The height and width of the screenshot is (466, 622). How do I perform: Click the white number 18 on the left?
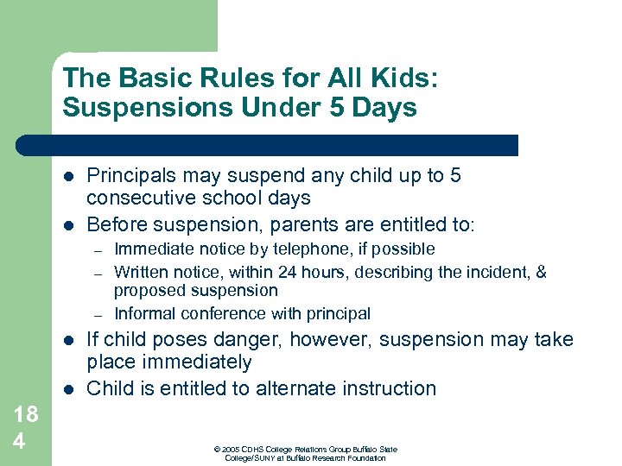pyautogui.click(x=26, y=413)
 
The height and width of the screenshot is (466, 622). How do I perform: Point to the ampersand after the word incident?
pyautogui.click(x=542, y=272)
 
